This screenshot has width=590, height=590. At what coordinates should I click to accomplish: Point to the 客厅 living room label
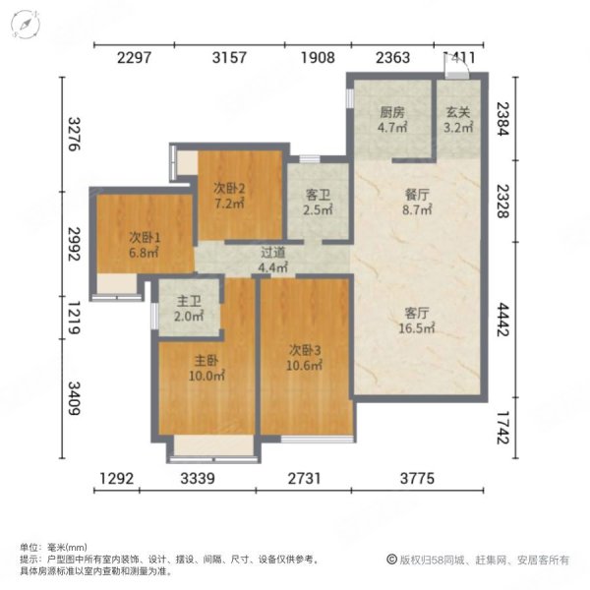pos(416,313)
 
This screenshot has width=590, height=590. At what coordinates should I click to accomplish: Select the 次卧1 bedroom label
pos(145,236)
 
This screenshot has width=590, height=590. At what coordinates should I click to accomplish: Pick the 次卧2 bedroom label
pos(229,188)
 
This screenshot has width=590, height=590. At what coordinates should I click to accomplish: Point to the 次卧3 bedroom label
pos(306,349)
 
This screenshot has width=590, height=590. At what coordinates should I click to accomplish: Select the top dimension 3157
pos(231,58)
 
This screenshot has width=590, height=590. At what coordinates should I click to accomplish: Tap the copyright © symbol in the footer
pos(390,560)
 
